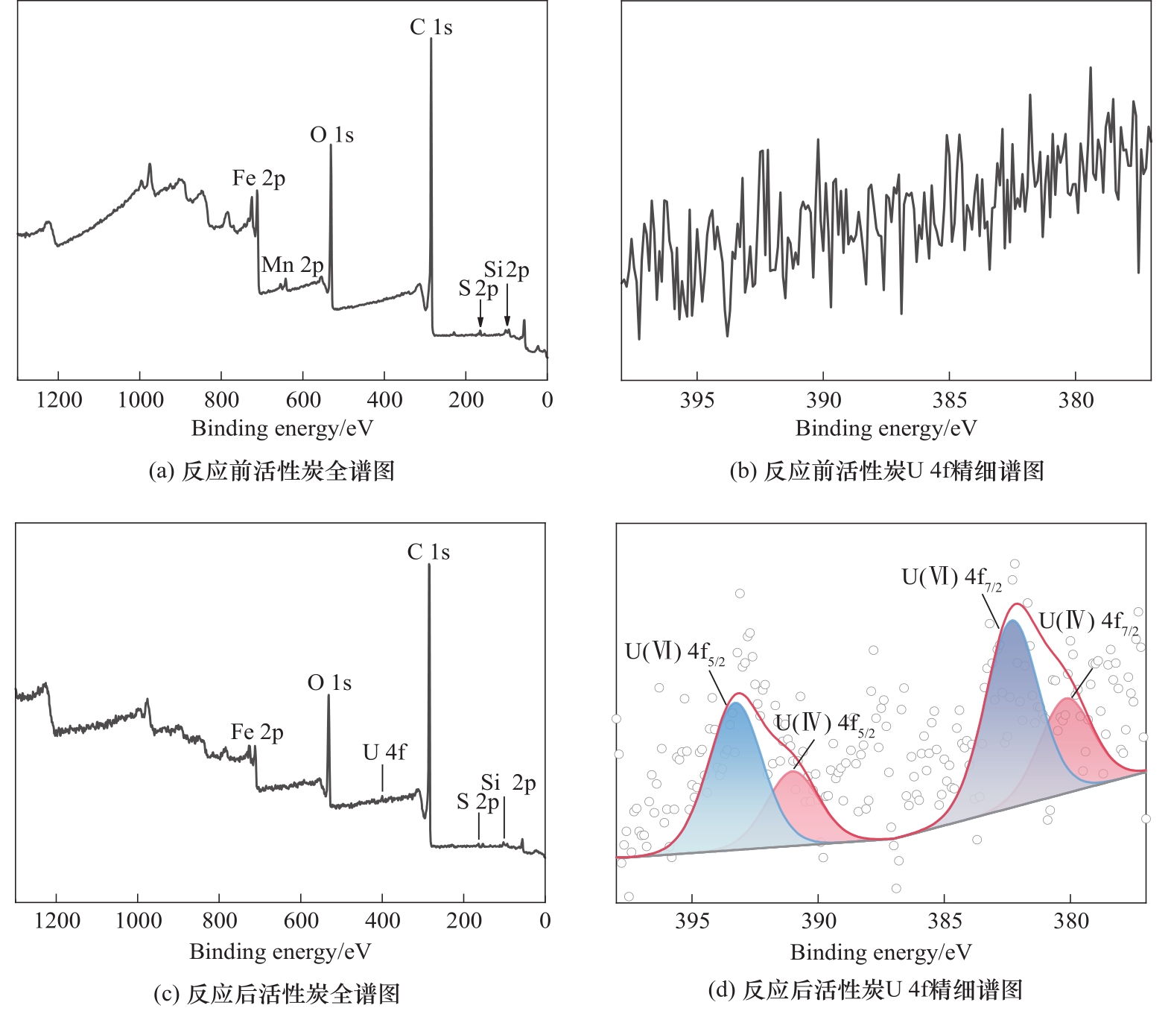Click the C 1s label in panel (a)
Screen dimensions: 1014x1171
tap(431, 28)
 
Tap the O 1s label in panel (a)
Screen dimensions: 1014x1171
tap(331, 135)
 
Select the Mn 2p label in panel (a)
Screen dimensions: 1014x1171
tap(292, 264)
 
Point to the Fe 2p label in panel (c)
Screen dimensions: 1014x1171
tap(257, 732)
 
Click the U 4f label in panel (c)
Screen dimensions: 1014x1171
tap(384, 752)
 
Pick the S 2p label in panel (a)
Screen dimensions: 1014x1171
tap(477, 288)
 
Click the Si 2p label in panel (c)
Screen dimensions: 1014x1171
tap(508, 783)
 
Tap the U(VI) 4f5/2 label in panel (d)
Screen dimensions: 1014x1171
tap(674, 653)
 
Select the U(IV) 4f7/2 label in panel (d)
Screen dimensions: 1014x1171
tap(1088, 622)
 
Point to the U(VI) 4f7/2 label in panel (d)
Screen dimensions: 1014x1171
tap(951, 578)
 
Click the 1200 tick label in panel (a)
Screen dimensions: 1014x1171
tap(59, 400)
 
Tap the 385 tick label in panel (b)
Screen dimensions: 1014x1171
tap(949, 401)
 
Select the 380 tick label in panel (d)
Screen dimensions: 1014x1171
tap(1071, 922)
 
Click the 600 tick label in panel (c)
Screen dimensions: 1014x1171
tap(301, 921)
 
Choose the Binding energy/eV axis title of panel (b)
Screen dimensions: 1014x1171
tap(886, 428)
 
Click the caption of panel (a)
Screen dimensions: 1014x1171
tap(271, 471)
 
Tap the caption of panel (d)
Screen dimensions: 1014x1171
tap(865, 990)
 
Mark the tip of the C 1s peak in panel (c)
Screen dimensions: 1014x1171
tap(429, 565)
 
